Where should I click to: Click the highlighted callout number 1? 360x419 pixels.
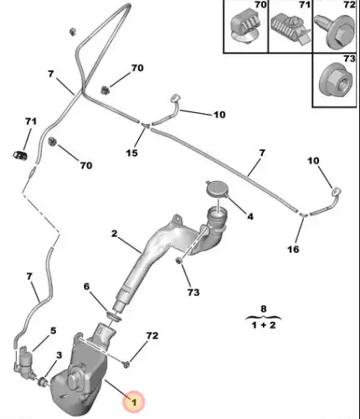pos(134,402)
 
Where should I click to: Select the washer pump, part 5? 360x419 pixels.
pos(25,362)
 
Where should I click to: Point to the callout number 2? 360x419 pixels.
pos(114,234)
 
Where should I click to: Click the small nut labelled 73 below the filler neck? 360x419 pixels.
pos(178,261)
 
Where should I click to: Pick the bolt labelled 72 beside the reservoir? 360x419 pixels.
pos(126,364)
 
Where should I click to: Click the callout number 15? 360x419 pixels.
pos(131,153)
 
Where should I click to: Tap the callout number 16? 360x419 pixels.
pos(293,249)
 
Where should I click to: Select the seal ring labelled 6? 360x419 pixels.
pos(113,316)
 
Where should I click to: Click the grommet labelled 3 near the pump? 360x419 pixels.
pos(43,381)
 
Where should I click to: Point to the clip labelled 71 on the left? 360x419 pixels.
pos(19,155)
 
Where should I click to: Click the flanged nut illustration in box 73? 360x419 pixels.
pos(335,80)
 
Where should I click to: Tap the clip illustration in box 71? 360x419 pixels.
pos(291,29)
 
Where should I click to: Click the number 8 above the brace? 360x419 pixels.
pos(264,308)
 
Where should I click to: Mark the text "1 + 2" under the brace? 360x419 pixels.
pos(264,325)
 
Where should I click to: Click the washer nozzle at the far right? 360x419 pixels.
pos(336,192)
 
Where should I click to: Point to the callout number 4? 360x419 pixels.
pos(250,216)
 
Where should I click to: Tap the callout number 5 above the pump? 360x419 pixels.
pos(53,331)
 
